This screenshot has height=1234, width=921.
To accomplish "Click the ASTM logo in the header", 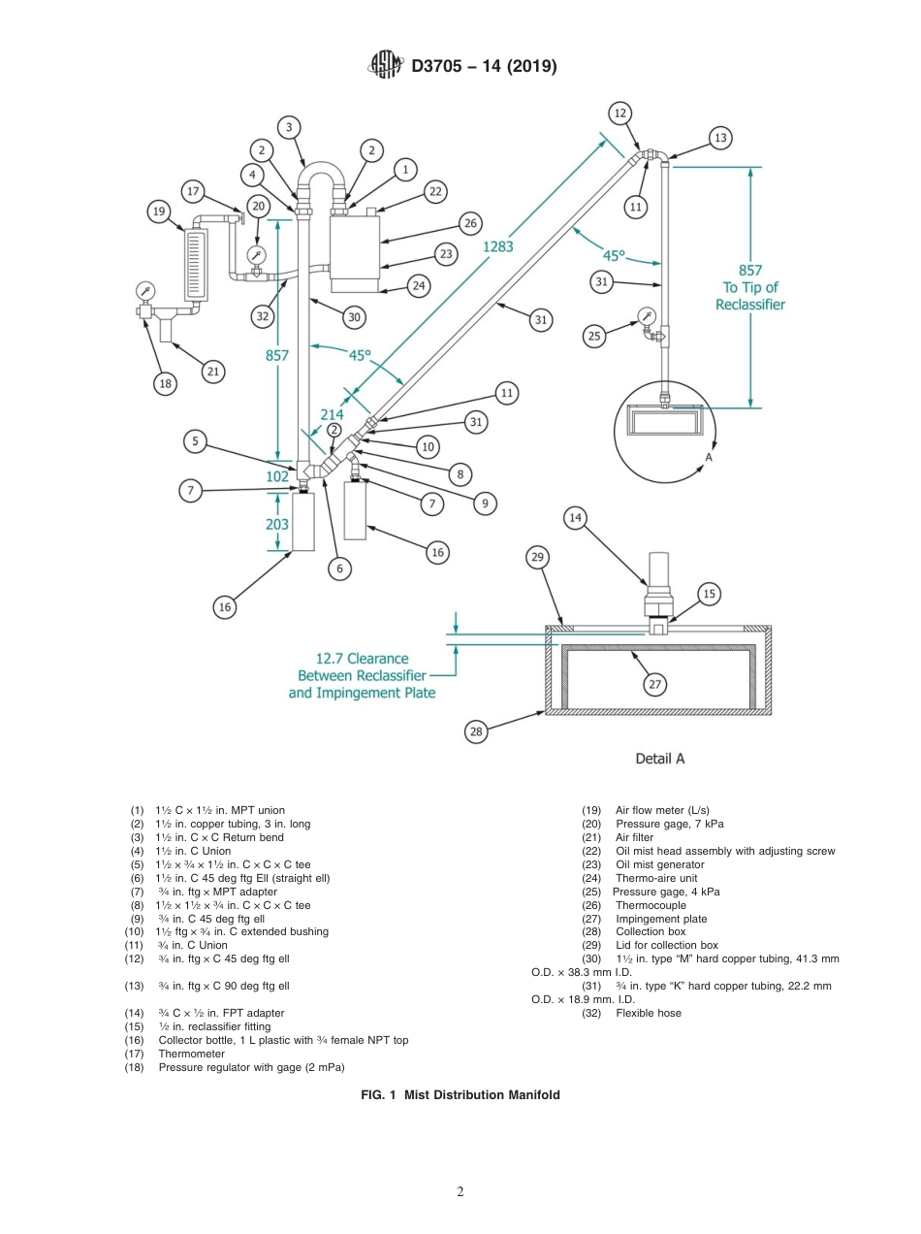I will pyautogui.click(x=385, y=66).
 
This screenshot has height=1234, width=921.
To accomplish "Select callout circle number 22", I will pyautogui.click(x=436, y=192).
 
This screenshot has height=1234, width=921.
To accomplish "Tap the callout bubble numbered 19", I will pyautogui.click(x=159, y=211).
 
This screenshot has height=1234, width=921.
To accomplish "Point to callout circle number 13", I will pyautogui.click(x=719, y=138).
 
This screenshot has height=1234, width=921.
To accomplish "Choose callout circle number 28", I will pyautogui.click(x=476, y=731).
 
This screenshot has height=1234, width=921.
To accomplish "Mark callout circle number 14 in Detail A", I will pyautogui.click(x=576, y=518).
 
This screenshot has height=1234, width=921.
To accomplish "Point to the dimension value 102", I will pyautogui.click(x=277, y=476).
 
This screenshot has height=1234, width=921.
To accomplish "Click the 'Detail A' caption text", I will pyautogui.click(x=659, y=759).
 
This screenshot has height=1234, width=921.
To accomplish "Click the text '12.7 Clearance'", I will pyautogui.click(x=352, y=658).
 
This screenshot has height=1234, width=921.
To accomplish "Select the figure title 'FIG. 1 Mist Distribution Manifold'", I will pyautogui.click(x=460, y=1094).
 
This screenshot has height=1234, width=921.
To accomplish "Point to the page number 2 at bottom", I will pyautogui.click(x=460, y=1192).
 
